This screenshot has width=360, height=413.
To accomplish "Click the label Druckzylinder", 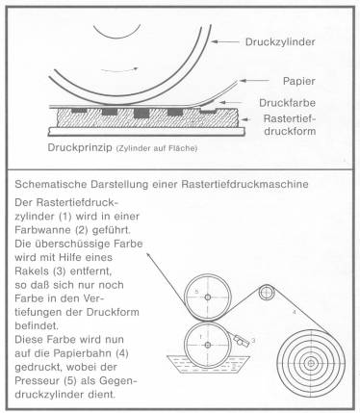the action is (x=280, y=42).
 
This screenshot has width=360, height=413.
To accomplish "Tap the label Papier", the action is (x=298, y=81).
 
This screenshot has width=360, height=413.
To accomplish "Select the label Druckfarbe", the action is (x=288, y=103).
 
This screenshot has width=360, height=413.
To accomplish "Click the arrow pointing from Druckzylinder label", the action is (x=225, y=41).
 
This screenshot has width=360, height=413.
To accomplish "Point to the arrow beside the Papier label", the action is (x=254, y=81).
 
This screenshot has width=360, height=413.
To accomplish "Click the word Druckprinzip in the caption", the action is (x=80, y=147).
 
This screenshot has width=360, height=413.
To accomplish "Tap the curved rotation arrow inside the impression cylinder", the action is (x=119, y=69).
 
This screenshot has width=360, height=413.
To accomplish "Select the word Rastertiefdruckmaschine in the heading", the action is (x=244, y=185).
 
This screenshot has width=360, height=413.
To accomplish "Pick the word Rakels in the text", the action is (x=31, y=271).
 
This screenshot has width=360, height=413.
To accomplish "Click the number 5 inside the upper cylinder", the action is (x=196, y=292).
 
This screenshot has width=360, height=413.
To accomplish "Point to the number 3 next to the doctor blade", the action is (x=253, y=341).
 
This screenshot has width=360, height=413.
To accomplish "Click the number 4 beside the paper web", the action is (x=294, y=312).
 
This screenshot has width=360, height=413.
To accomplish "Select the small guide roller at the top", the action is (x=267, y=293).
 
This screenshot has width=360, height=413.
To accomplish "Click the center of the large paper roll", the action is (x=311, y=363).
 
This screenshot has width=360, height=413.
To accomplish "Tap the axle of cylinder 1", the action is (x=208, y=346).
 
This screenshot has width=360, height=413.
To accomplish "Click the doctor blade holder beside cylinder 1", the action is (x=242, y=341).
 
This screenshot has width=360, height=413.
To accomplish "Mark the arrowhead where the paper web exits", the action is (x=148, y=255).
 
